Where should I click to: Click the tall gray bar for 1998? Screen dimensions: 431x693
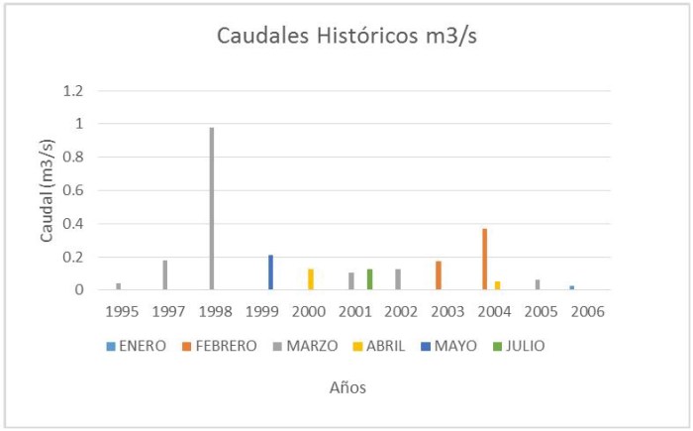pos(212,208)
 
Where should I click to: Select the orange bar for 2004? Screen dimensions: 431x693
pos(485,260)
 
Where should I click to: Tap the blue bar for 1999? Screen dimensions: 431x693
pos(270,272)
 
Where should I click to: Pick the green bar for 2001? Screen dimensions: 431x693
pos(369,279)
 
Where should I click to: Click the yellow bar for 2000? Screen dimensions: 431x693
pos(310,279)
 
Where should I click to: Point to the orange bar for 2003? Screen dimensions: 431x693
pos(438,275)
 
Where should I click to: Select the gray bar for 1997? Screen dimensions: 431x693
pos(165,275)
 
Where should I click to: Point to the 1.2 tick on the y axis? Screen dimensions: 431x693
pos(73,91)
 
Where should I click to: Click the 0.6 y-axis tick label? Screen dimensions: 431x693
pos(73,190)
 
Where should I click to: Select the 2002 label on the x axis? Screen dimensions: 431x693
pos(400,312)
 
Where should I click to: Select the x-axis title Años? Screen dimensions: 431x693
pos(348,388)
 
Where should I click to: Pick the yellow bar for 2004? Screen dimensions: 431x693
pos(497,285)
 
